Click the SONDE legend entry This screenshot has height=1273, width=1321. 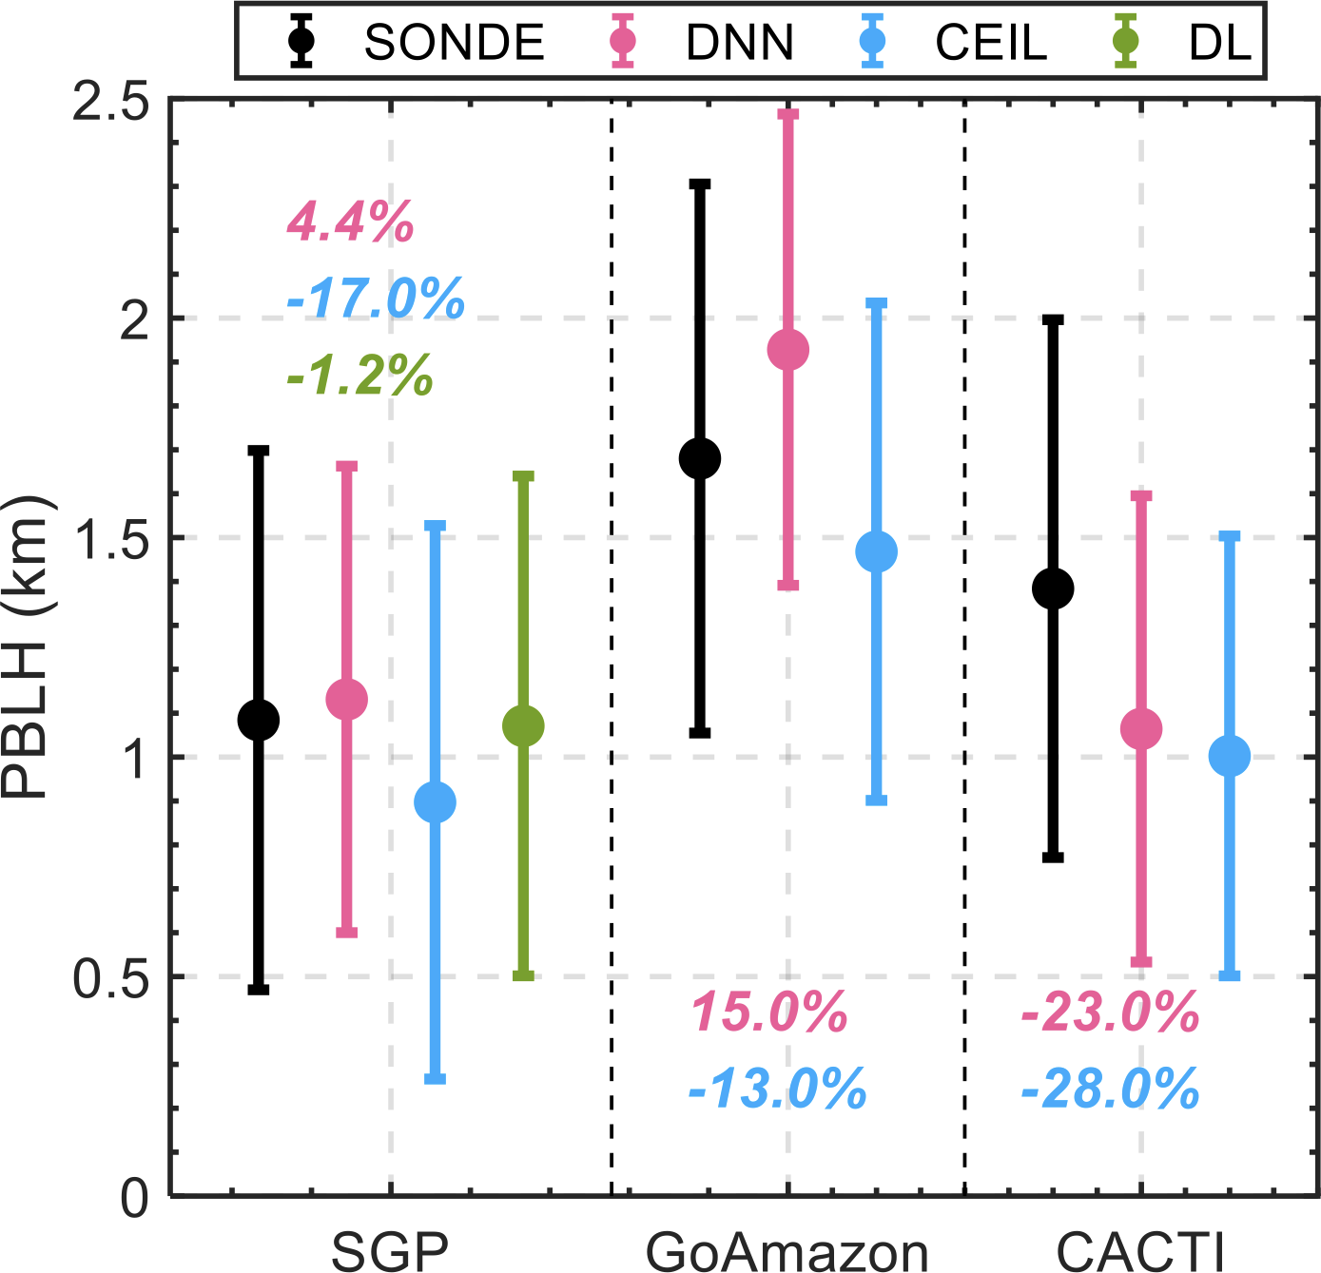pyautogui.click(x=418, y=42)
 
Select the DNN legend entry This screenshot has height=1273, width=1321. pyautogui.click(x=709, y=42)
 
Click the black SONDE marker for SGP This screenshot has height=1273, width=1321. pyautogui.click(x=259, y=720)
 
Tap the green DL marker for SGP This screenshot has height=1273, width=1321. pyautogui.click(x=523, y=726)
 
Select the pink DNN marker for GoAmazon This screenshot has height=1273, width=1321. pyautogui.click(x=788, y=350)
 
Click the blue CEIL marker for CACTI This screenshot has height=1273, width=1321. pyautogui.click(x=1229, y=756)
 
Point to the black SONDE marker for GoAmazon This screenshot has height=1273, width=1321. pyautogui.click(x=700, y=458)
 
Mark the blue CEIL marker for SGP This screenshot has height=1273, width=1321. pyautogui.click(x=436, y=802)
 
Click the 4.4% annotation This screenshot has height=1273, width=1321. pyautogui.click(x=350, y=223)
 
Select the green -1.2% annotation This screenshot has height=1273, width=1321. pyautogui.click(x=359, y=376)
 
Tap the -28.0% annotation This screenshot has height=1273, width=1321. pyautogui.click(x=1110, y=1090)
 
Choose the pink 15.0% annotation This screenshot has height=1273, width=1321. pyautogui.click(x=769, y=1012)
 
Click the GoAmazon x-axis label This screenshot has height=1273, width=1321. pyautogui.click(x=787, y=1251)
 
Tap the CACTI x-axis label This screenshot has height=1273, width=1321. pyautogui.click(x=1140, y=1251)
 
